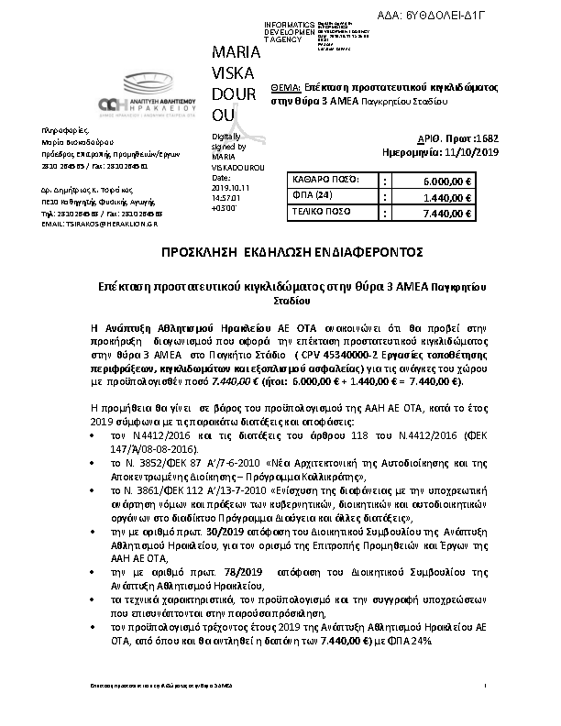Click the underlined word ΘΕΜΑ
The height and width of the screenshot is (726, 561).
point(288,83)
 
